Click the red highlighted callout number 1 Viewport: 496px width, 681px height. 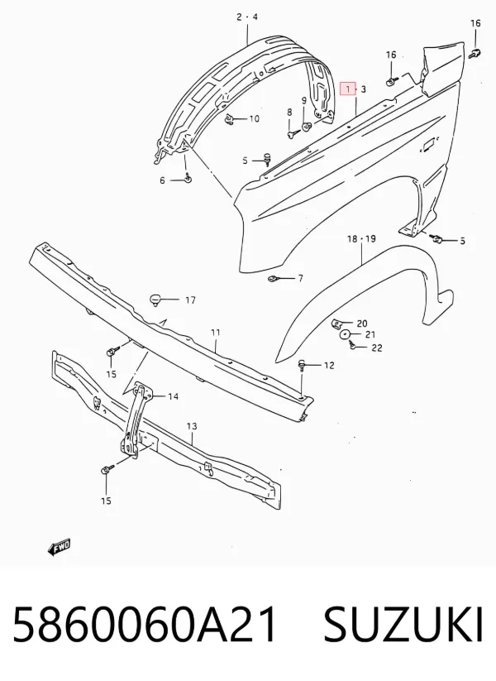[x=348, y=89]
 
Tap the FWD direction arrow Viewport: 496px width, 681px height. [x=59, y=547]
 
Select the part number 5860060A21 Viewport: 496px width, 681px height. [x=145, y=624]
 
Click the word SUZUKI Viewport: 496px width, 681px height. [x=403, y=624]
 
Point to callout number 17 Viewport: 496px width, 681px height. [x=190, y=300]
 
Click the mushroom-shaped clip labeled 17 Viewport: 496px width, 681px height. [x=155, y=299]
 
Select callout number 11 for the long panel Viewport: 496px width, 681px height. [x=216, y=333]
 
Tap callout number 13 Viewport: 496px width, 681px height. [x=192, y=426]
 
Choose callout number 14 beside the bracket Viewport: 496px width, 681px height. [x=173, y=396]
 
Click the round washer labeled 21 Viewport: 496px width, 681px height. [x=345, y=334]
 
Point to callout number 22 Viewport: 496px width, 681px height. [x=377, y=348]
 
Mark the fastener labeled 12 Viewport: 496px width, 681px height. [x=302, y=365]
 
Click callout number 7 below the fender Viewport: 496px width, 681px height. [x=300, y=278]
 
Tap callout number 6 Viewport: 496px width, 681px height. [x=162, y=180]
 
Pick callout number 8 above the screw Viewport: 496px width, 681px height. [x=289, y=113]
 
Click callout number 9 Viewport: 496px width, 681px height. [x=304, y=101]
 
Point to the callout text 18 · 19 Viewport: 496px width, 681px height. [x=361, y=239]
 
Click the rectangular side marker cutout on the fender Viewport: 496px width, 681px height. [x=429, y=145]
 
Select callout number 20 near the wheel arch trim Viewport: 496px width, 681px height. [x=362, y=324]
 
